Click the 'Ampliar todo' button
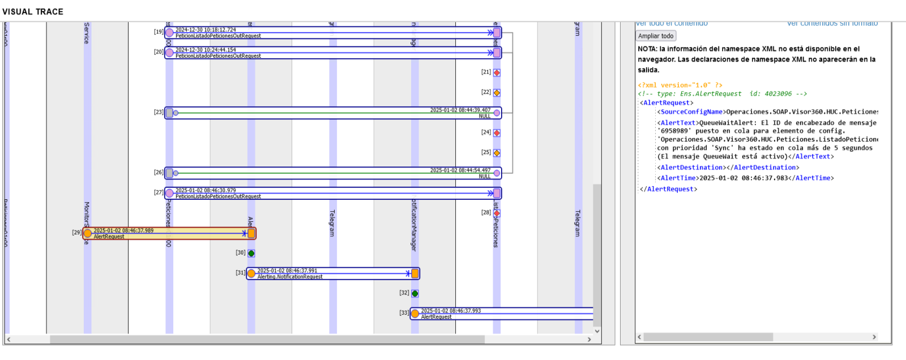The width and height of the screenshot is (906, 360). coord(656,36)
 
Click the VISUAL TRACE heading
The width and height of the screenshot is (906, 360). coord(33,11)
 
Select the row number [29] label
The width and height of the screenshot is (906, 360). coord(77,233)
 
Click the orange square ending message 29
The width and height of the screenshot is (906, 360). coord(251,233)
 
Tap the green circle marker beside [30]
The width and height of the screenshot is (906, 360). coord(251,253)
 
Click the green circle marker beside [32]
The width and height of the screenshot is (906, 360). coord(415,293)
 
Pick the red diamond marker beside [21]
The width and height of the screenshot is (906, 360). coord(497,72)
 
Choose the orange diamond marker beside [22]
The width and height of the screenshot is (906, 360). coord(497,92)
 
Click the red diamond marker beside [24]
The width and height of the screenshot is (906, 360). coord(497,133)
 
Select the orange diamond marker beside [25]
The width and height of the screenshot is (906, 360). coord(497,153)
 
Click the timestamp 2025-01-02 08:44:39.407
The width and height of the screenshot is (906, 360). coord(460,110)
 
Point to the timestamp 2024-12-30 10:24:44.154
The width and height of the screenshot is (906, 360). coord(206,50)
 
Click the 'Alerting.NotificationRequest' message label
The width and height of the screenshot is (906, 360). coord(290,277)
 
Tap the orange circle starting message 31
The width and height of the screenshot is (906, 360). coord(251,273)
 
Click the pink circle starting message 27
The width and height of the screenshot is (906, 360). coord(169,193)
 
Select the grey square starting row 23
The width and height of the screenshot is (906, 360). coord(169,113)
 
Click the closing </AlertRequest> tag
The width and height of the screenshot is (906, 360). coord(668,189)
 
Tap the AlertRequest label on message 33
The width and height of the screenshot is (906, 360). coord(436,317)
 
